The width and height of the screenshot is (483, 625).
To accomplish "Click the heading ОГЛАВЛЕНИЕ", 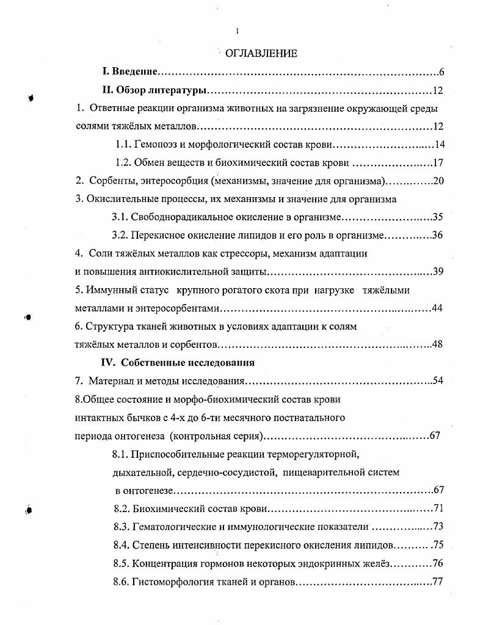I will click(x=261, y=54).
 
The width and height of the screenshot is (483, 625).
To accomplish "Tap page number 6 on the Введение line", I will click(x=441, y=73).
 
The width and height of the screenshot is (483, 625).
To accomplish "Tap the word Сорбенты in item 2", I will click(x=111, y=181).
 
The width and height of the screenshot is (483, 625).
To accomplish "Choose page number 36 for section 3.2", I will click(x=437, y=236).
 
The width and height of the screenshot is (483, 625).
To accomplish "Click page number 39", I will click(x=437, y=272).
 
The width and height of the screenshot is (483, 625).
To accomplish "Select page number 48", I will click(x=437, y=344).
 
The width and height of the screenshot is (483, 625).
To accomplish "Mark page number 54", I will click(x=437, y=381).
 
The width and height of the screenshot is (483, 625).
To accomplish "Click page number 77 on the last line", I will click(x=437, y=582).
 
